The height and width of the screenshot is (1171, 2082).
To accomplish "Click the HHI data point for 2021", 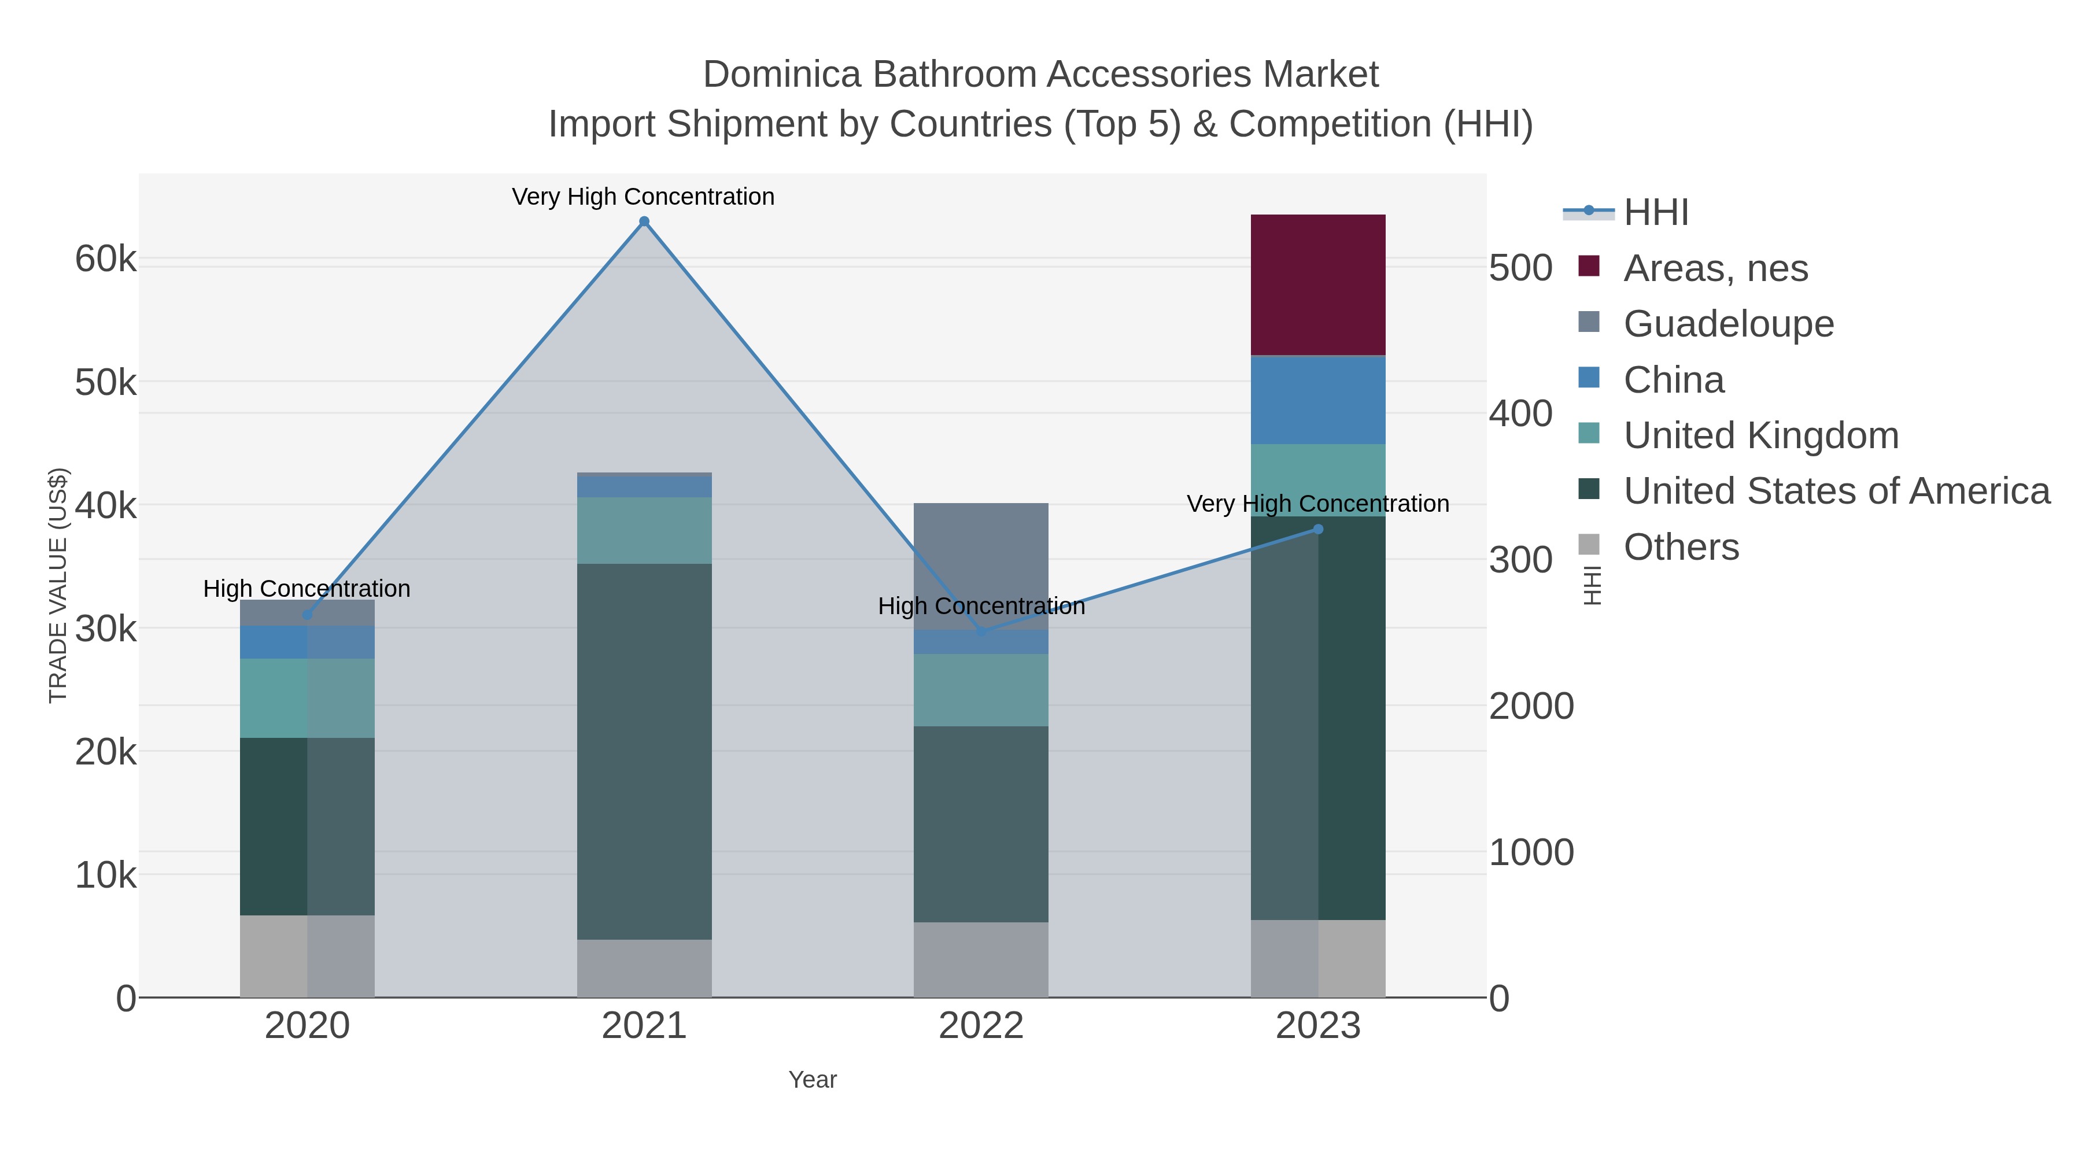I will point(644,221).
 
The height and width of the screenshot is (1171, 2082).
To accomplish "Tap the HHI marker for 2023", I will point(1318,529).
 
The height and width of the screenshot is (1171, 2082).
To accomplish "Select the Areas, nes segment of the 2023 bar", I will point(1318,285).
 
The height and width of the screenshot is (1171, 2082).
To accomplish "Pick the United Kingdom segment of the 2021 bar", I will point(644,530).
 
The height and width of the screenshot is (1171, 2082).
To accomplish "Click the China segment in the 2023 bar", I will point(1318,400).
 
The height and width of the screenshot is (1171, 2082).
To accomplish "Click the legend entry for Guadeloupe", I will point(1728,324).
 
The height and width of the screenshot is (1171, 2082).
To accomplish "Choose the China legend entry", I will point(1673,380).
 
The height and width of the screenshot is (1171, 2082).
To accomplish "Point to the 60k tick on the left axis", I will point(106,260).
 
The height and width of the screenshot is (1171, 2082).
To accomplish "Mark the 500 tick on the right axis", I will point(1520,268).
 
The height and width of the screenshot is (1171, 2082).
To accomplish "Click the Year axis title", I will point(813,1080).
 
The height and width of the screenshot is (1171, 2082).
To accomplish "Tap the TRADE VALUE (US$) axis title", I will point(58,585).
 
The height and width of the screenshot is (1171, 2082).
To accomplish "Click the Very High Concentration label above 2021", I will point(643,197).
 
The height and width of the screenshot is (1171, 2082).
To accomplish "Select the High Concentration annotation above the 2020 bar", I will point(307,589).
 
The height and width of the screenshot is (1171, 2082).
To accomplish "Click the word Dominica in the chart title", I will point(781,75).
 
